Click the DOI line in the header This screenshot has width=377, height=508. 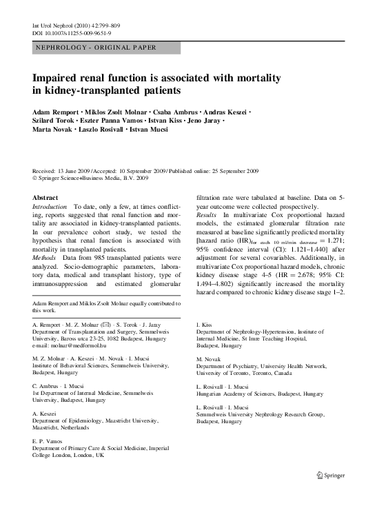[x=72, y=33]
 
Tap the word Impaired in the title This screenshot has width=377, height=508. [x=58, y=78]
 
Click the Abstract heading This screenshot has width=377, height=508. [x=45, y=197]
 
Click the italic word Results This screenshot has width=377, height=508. [x=207, y=215]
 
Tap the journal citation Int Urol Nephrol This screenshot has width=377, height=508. [x=57, y=26]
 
